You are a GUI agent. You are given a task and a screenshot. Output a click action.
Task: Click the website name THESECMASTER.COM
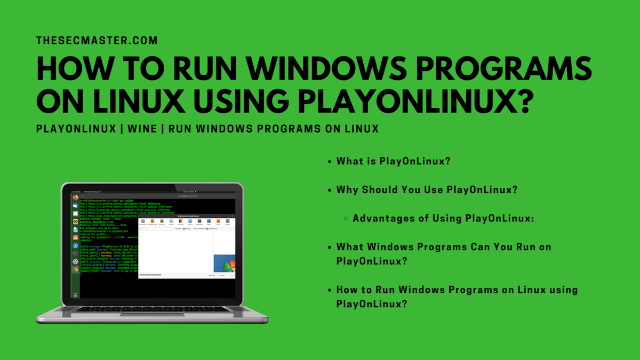pyautogui.click(x=97, y=41)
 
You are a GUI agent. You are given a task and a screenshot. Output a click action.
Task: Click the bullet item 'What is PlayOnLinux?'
pyautogui.click(x=393, y=161)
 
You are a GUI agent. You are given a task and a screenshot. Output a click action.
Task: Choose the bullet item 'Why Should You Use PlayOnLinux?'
pyautogui.click(x=427, y=190)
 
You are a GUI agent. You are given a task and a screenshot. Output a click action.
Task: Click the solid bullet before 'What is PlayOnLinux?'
pyautogui.click(x=330, y=161)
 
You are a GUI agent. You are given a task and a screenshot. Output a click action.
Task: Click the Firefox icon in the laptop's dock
pyautogui.click(x=76, y=197)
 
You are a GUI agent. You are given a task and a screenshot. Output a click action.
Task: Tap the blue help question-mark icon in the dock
pyautogui.click(x=76, y=245)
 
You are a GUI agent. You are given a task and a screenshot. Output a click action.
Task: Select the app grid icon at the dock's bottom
pyautogui.click(x=76, y=295)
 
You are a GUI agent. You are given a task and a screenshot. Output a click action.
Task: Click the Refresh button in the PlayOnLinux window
pyautogui.click(x=212, y=275)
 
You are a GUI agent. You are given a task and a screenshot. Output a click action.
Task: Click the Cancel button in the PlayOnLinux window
pyautogui.click(x=222, y=275)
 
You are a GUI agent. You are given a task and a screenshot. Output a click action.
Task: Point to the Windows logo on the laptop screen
pyautogui.click(x=225, y=263)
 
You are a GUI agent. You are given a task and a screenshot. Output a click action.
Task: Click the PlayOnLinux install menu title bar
pyautogui.click(x=186, y=216)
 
